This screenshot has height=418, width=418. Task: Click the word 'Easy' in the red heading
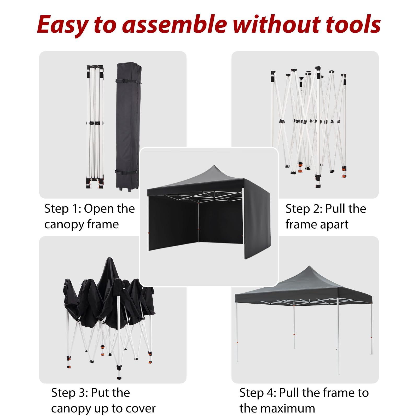pos(62,25)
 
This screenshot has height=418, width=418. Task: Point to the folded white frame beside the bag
pos(95,127)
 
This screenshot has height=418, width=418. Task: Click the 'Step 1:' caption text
pos(63,209)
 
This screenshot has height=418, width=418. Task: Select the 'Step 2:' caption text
pos(304,209)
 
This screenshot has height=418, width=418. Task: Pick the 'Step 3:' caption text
pos(70,393)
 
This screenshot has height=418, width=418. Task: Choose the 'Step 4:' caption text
pos(258,393)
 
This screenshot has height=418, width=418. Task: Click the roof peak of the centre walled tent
pos(214,166)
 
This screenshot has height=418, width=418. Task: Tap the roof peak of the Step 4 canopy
pos(310,267)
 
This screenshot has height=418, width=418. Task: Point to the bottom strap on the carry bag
pos(127,172)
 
